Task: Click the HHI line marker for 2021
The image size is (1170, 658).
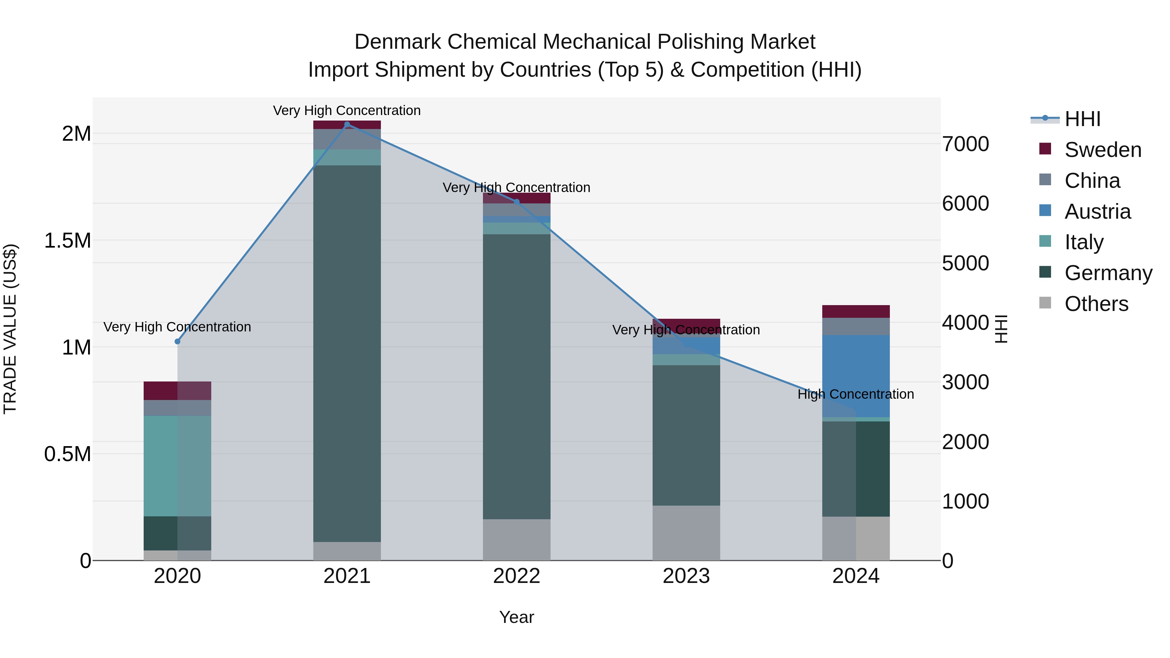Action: [347, 124]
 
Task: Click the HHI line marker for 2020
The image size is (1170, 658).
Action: [177, 342]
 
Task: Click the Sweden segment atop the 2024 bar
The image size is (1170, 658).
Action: [856, 312]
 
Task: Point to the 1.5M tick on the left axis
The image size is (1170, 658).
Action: [67, 241]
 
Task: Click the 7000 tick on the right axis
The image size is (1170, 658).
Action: [965, 144]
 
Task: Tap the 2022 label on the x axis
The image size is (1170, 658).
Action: [516, 576]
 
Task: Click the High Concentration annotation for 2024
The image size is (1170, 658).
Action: [856, 394]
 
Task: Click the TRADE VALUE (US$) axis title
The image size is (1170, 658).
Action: [10, 329]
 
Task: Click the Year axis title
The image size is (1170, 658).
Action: [516, 617]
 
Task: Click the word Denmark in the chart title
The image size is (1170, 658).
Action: [397, 42]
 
